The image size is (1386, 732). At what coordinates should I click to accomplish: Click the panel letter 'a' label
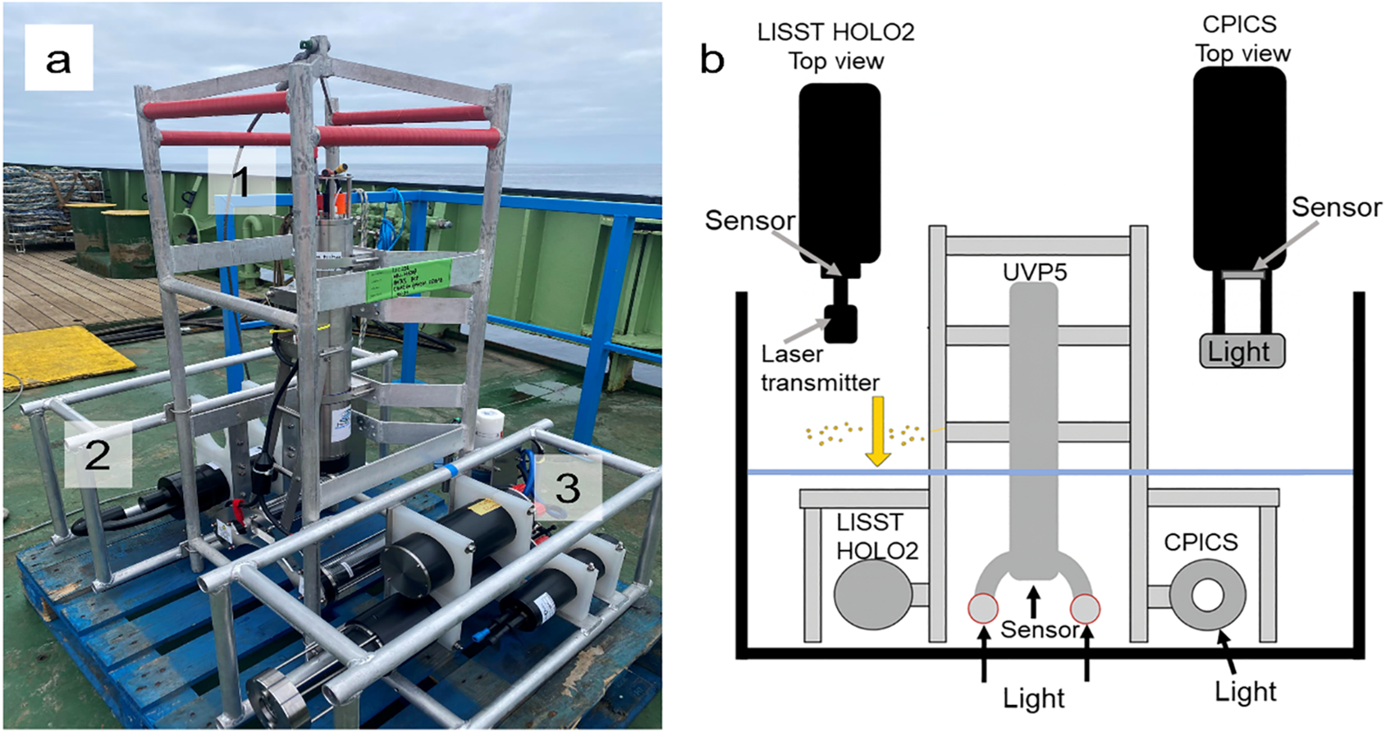click(x=58, y=59)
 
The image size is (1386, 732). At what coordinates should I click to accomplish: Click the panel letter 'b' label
click(x=712, y=59)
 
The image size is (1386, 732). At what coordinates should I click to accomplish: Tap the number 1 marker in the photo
click(x=240, y=181)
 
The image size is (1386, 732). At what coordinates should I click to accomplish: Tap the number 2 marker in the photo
click(x=98, y=454)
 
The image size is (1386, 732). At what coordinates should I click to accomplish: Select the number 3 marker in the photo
click(x=568, y=488)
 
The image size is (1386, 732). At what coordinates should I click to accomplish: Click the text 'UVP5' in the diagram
click(x=1034, y=272)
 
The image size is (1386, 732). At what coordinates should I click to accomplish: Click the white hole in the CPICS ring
click(x=1207, y=596)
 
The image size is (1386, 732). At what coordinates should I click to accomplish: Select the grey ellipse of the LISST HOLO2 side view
click(x=873, y=596)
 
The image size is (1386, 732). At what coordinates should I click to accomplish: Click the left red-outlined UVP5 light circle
click(x=982, y=609)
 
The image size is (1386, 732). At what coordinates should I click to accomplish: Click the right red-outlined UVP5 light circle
click(x=1085, y=609)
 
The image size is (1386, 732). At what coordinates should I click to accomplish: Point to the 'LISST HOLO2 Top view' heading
click(x=835, y=46)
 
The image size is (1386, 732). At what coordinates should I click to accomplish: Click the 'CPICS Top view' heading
click(x=1242, y=39)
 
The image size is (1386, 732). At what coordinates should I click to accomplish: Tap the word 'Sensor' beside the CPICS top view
click(x=1336, y=208)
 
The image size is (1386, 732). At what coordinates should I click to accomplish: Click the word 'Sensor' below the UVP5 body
click(x=1039, y=629)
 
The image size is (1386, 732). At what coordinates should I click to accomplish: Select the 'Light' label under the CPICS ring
click(x=1245, y=692)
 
